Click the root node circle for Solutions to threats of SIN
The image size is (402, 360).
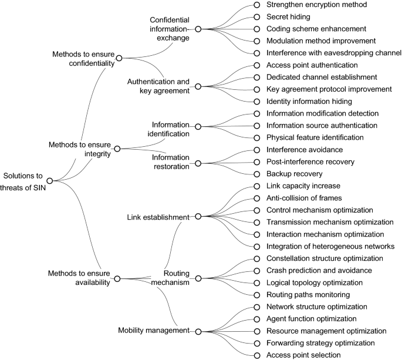pyautogui.click(x=50, y=181)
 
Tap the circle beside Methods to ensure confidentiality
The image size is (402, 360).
pyautogui.click(x=119, y=58)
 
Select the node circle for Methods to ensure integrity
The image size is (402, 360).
pyautogui.click(x=117, y=149)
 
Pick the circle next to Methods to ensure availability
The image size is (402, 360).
pyautogui.click(x=117, y=278)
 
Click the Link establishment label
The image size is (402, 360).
pyautogui.click(x=158, y=217)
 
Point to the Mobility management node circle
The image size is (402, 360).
pyautogui.click(x=198, y=332)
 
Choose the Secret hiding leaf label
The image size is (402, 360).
pyautogui.click(x=288, y=17)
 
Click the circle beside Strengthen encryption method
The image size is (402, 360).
pyautogui.click(x=257, y=5)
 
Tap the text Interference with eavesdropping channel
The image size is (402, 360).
pyautogui.click(x=334, y=53)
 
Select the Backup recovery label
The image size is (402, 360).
pyautogui.click(x=295, y=174)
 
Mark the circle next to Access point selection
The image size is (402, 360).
pyautogui.click(x=257, y=355)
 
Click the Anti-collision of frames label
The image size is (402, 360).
pyautogui.click(x=304, y=198)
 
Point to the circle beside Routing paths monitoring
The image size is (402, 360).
pyautogui.click(x=257, y=295)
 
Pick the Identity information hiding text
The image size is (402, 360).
pyautogui.click(x=309, y=102)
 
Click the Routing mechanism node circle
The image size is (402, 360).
pyautogui.click(x=198, y=278)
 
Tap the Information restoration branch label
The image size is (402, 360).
pyautogui.click(x=171, y=162)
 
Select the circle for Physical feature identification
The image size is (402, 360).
pyautogui.click(x=257, y=138)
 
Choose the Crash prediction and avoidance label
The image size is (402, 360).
pyautogui.click(x=319, y=271)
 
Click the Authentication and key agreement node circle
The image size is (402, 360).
pyautogui.click(x=198, y=86)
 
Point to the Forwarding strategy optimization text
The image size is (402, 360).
pyautogui.click(x=320, y=343)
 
